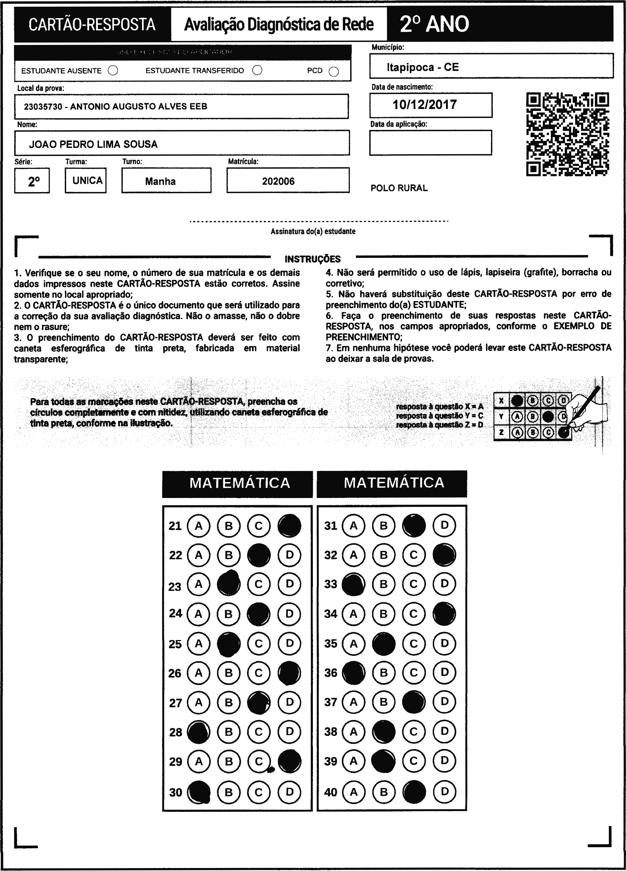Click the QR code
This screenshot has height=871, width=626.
pos(567,134)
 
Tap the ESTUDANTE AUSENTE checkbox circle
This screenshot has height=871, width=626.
pos(113,71)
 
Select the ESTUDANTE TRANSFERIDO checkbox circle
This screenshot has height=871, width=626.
pos(258,70)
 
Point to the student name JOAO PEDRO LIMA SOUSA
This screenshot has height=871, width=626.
pos(93,144)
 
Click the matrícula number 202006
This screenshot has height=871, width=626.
pos(278,181)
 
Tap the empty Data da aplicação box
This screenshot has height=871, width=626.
pos(430,142)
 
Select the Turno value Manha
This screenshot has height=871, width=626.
pos(160,181)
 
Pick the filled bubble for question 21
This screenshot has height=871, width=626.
pos(289,526)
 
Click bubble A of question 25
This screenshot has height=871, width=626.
pos(198,643)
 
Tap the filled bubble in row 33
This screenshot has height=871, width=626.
pos(353,584)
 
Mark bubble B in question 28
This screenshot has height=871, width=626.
pos(229,732)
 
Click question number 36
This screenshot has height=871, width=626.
pos(331,673)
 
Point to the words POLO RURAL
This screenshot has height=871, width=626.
pos(399,188)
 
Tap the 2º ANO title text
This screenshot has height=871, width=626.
pos(434,24)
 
